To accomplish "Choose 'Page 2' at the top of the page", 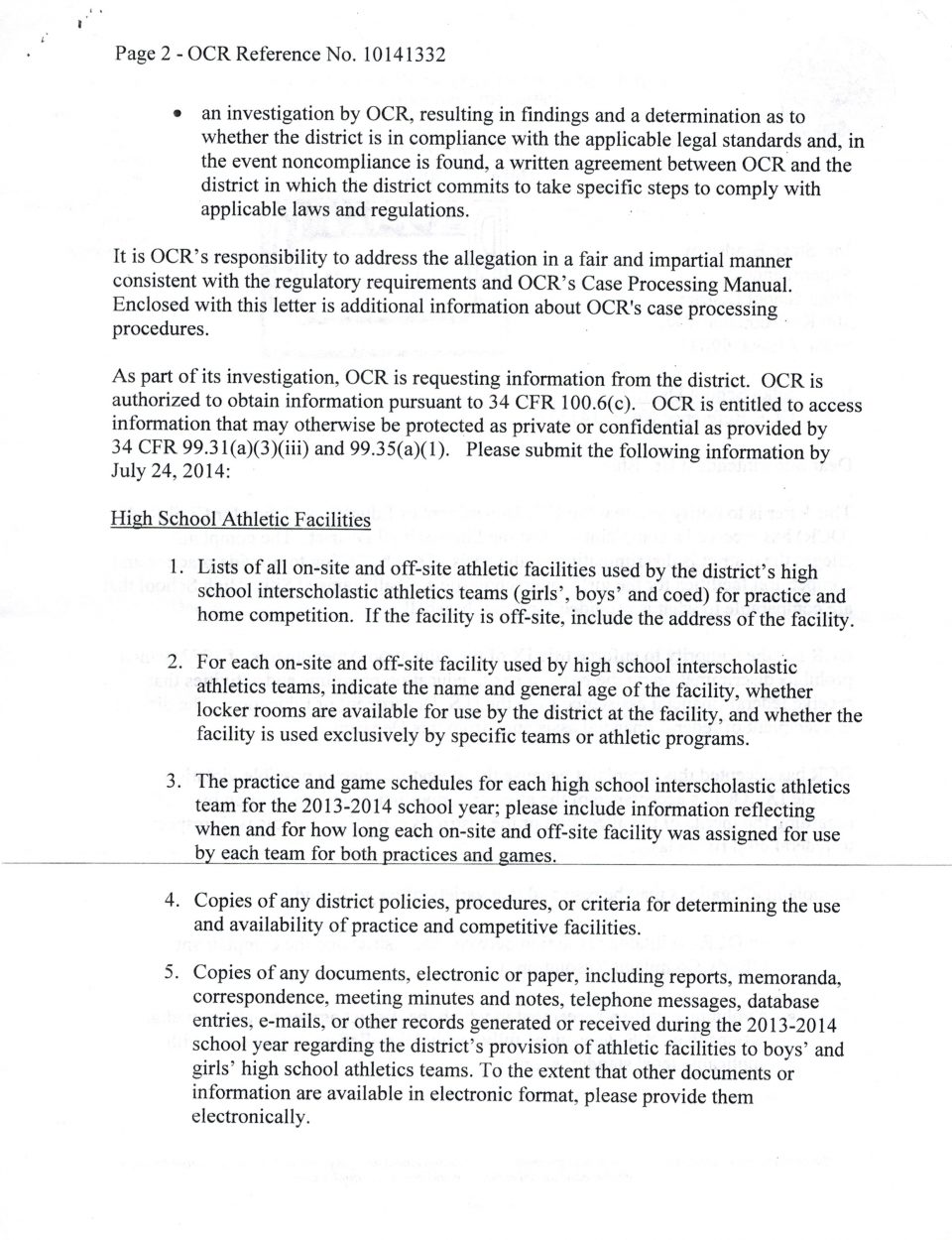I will point(144,55).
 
